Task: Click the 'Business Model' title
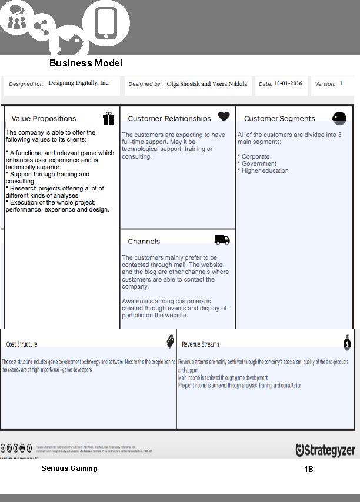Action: point(86,63)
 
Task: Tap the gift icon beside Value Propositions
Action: point(108,119)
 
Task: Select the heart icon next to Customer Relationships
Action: point(224,116)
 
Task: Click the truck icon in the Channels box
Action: point(222,240)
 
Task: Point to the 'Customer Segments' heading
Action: point(279,119)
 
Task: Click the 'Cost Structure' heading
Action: point(22,344)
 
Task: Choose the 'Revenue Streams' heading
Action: point(201,344)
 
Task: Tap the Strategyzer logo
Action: point(325,450)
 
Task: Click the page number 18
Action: point(309,469)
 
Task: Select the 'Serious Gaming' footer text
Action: point(69,468)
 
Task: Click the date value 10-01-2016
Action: point(288,83)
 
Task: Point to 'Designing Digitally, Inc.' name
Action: point(79,83)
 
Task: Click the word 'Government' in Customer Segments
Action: point(259,163)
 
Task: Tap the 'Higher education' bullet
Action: point(265,170)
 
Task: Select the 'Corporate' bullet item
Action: point(255,156)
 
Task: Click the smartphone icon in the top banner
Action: point(106,24)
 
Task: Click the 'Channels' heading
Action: point(144,242)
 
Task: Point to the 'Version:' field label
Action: point(325,84)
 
